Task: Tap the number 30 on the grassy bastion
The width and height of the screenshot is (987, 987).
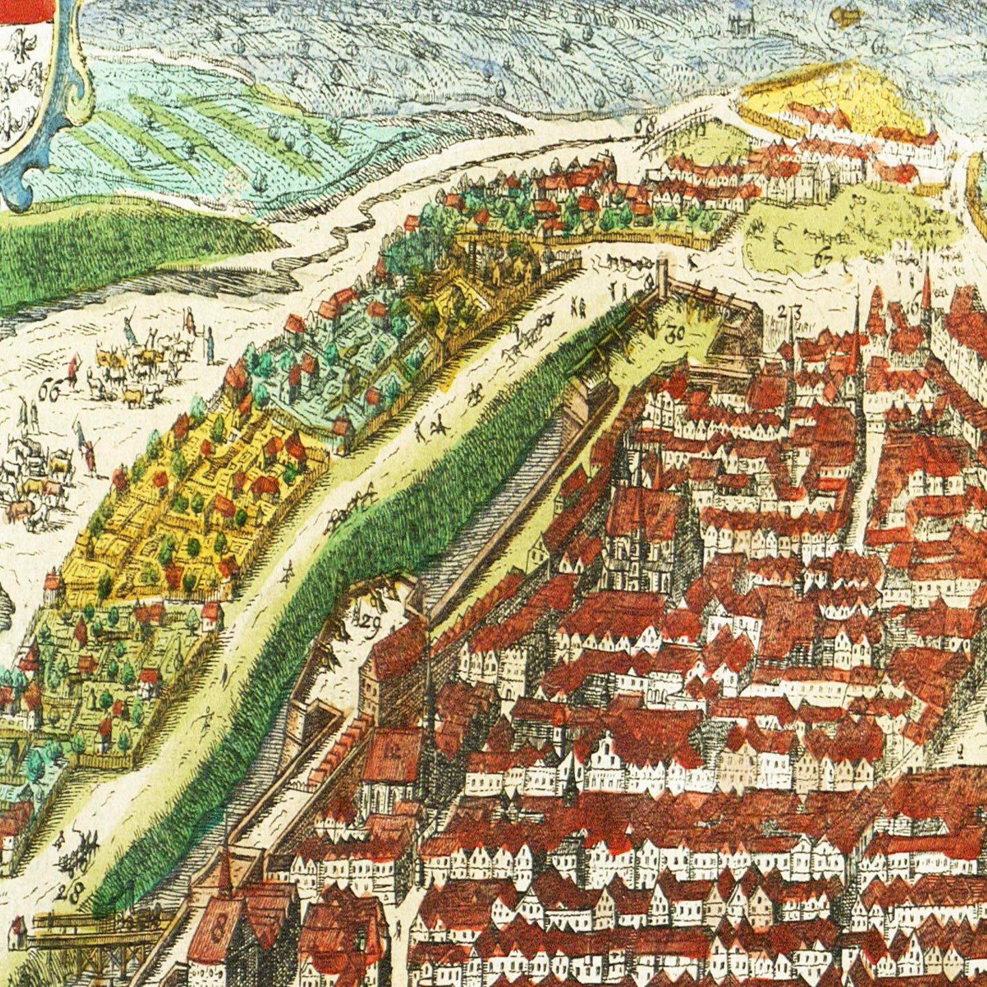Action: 674,335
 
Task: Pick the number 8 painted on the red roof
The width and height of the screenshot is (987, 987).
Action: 219,929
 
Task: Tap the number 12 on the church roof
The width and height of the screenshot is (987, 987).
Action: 392,752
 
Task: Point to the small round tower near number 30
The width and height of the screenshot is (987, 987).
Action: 662,277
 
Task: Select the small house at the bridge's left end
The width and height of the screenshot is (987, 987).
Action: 19,933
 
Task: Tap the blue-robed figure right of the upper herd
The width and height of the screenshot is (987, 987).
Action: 210,345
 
